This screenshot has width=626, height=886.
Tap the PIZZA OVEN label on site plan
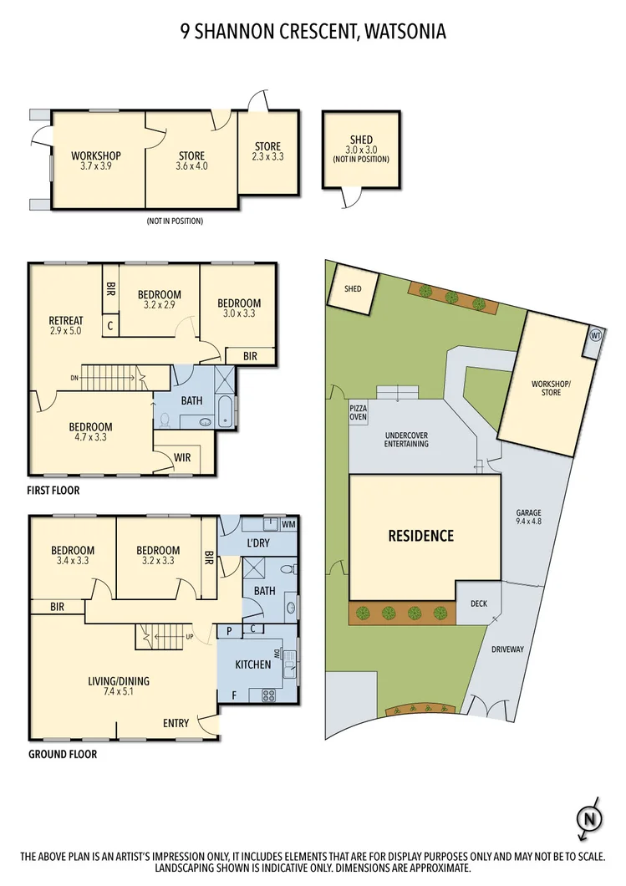coord(359,412)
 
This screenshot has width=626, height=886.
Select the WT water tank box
coord(595,335)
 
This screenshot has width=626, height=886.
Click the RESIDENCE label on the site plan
coord(420,536)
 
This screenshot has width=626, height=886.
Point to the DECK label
coord(478,603)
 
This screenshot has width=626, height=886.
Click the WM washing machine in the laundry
coord(288,524)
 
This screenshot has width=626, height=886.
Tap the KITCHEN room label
coord(252,664)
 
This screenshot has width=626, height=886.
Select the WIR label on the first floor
coord(182,457)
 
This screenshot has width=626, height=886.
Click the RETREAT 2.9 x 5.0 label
coord(66,326)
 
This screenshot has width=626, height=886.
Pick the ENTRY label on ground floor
coord(176,723)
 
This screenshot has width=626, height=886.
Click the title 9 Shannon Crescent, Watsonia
coord(313,32)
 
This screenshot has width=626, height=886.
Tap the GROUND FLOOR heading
coord(63,754)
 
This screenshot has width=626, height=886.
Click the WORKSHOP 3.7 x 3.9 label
coord(96,160)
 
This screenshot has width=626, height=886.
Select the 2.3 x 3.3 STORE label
coord(267,151)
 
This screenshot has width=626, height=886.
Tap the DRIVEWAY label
coord(507,649)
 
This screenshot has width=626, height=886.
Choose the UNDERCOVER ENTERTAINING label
coord(407,440)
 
